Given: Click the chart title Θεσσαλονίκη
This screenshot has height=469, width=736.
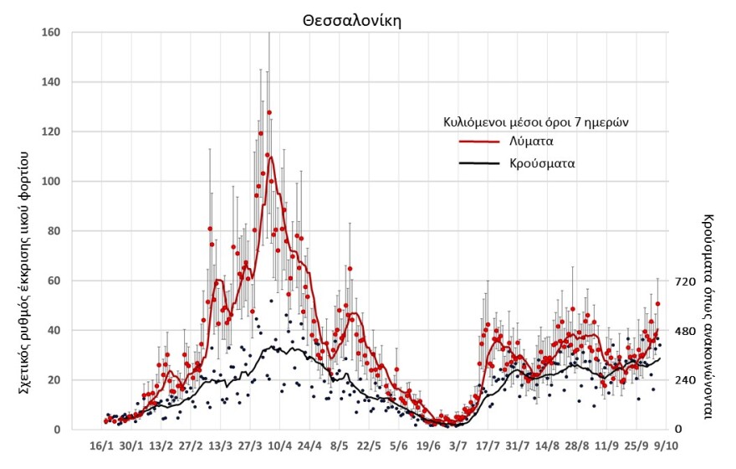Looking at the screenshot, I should (x=352, y=21).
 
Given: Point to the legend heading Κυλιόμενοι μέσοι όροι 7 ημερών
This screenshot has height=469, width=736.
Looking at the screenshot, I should (x=535, y=121).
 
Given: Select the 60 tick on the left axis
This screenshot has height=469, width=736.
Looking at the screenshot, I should (x=54, y=281).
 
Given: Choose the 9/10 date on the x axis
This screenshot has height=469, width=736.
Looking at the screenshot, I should (x=665, y=446).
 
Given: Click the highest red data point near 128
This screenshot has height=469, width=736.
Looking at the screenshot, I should (x=269, y=112).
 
